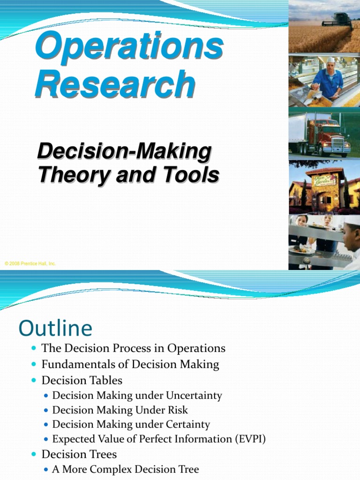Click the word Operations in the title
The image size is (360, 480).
pos(129,47)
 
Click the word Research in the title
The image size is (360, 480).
pos(115,85)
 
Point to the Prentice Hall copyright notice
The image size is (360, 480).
pos(30,264)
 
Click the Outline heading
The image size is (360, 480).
pos(55,328)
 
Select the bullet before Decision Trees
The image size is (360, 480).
pos(33,454)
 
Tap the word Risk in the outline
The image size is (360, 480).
pos(178,410)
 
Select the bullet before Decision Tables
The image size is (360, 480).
pos(33,380)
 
